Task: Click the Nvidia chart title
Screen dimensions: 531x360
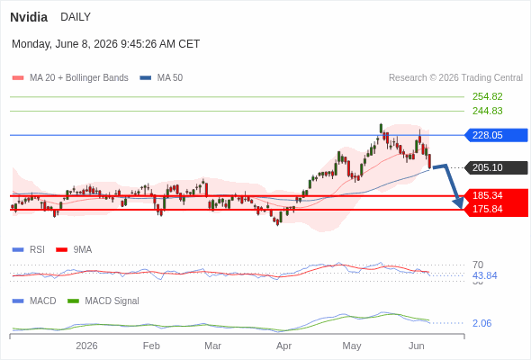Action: coord(29,17)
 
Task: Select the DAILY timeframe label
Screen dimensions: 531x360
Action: coord(76,17)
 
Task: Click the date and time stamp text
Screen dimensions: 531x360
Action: coord(105,44)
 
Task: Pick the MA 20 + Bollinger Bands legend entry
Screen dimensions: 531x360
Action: coord(70,78)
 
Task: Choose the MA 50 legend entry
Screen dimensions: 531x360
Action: coord(161,78)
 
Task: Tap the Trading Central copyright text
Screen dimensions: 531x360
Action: coord(455,78)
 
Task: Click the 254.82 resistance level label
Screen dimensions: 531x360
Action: coord(487,96)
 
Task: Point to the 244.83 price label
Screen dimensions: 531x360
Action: coord(487,111)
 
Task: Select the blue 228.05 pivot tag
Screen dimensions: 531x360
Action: coord(496,135)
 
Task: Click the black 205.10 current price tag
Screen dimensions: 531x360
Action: coord(496,167)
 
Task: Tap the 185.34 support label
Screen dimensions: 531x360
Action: coord(487,195)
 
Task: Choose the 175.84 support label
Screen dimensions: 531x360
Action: coord(487,209)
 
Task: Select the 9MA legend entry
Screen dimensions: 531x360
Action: coord(74,250)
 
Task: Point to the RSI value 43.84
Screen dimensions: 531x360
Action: coord(484,275)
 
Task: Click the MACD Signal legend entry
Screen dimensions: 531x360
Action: coord(103,301)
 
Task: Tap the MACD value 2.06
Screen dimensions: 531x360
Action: coord(481,323)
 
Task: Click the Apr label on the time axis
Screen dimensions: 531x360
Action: coord(283,346)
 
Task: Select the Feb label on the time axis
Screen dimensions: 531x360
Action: coord(151,346)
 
